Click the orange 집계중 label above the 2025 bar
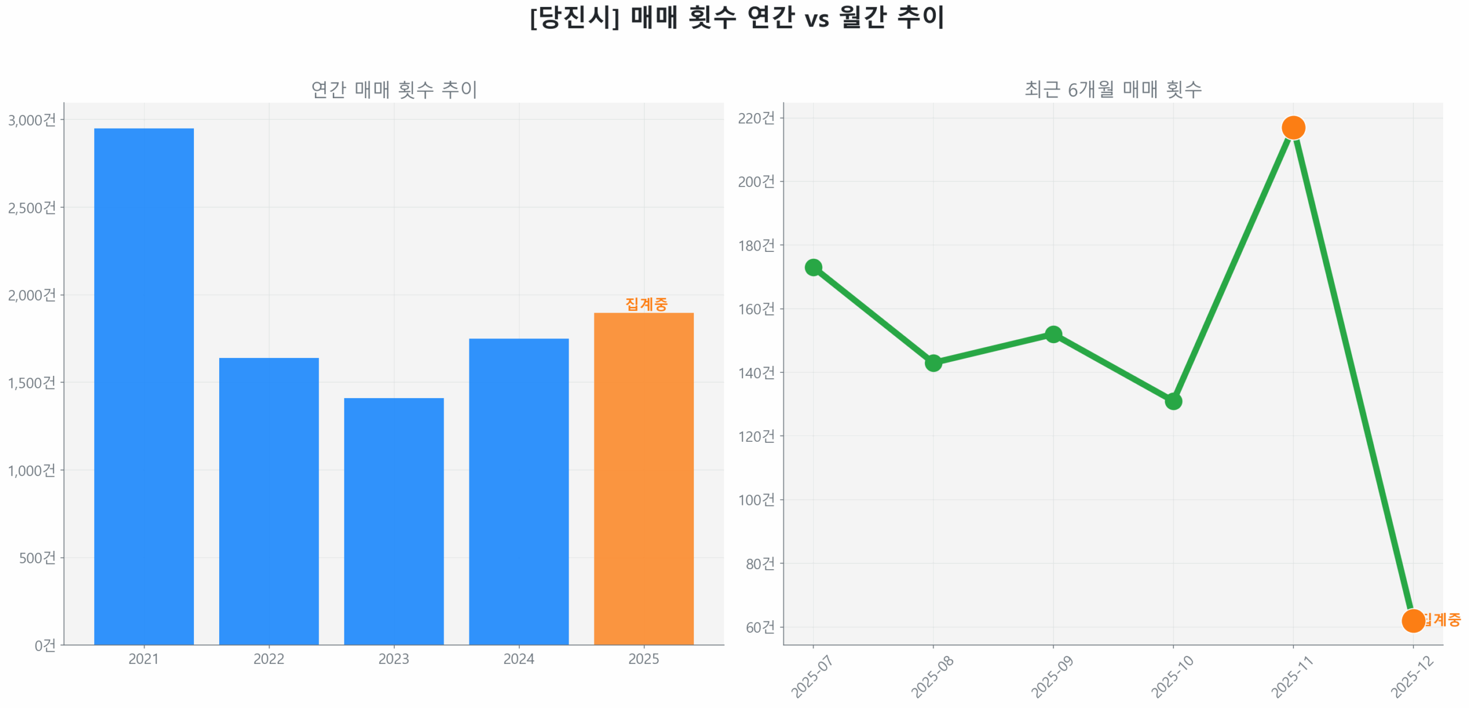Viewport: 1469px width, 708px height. click(x=646, y=304)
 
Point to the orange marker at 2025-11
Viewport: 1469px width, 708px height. click(x=1293, y=127)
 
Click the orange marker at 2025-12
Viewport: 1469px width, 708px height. click(x=1412, y=620)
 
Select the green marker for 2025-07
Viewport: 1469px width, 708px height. click(x=813, y=267)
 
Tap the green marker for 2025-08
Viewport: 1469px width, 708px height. click(x=933, y=363)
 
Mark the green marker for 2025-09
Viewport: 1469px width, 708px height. click(x=1053, y=334)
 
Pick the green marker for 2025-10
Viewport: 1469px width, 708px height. click(x=1173, y=401)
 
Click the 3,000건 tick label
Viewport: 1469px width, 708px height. click(x=32, y=120)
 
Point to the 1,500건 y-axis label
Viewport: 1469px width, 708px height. click(x=32, y=383)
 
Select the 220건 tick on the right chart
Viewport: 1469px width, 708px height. click(x=756, y=118)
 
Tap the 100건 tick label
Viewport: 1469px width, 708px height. click(x=756, y=500)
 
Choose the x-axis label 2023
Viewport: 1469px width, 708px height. click(x=394, y=659)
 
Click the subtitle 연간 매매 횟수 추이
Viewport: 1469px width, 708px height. click(x=394, y=90)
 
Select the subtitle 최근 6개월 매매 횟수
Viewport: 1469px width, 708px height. click(x=1113, y=90)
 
